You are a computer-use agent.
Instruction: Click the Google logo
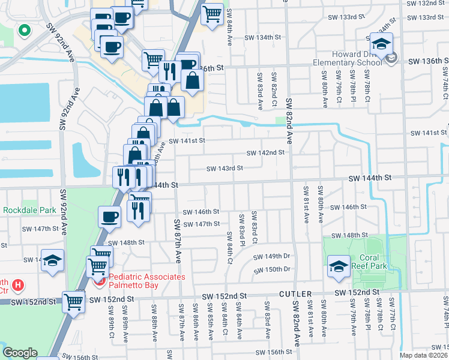20,353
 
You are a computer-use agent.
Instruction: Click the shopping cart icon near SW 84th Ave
212,14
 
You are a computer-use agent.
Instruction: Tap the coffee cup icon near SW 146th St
110,217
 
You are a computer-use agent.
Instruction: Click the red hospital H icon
19,284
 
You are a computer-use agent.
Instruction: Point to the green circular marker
25,30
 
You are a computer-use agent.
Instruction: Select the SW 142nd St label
264,152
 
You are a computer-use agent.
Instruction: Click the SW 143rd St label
224,169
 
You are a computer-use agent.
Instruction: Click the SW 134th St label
263,37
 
